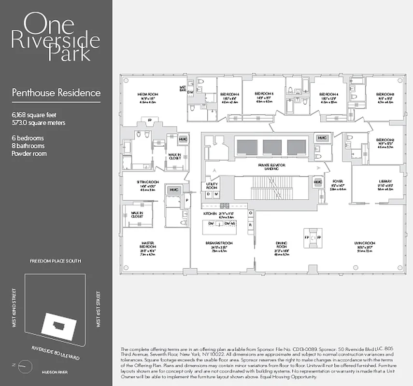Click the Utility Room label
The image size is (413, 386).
click(x=212, y=186)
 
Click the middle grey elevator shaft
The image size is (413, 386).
click(x=272, y=147)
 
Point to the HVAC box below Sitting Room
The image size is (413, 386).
click(x=173, y=190)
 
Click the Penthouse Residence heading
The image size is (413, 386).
click(x=56, y=93)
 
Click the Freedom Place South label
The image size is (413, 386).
click(x=56, y=261)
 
